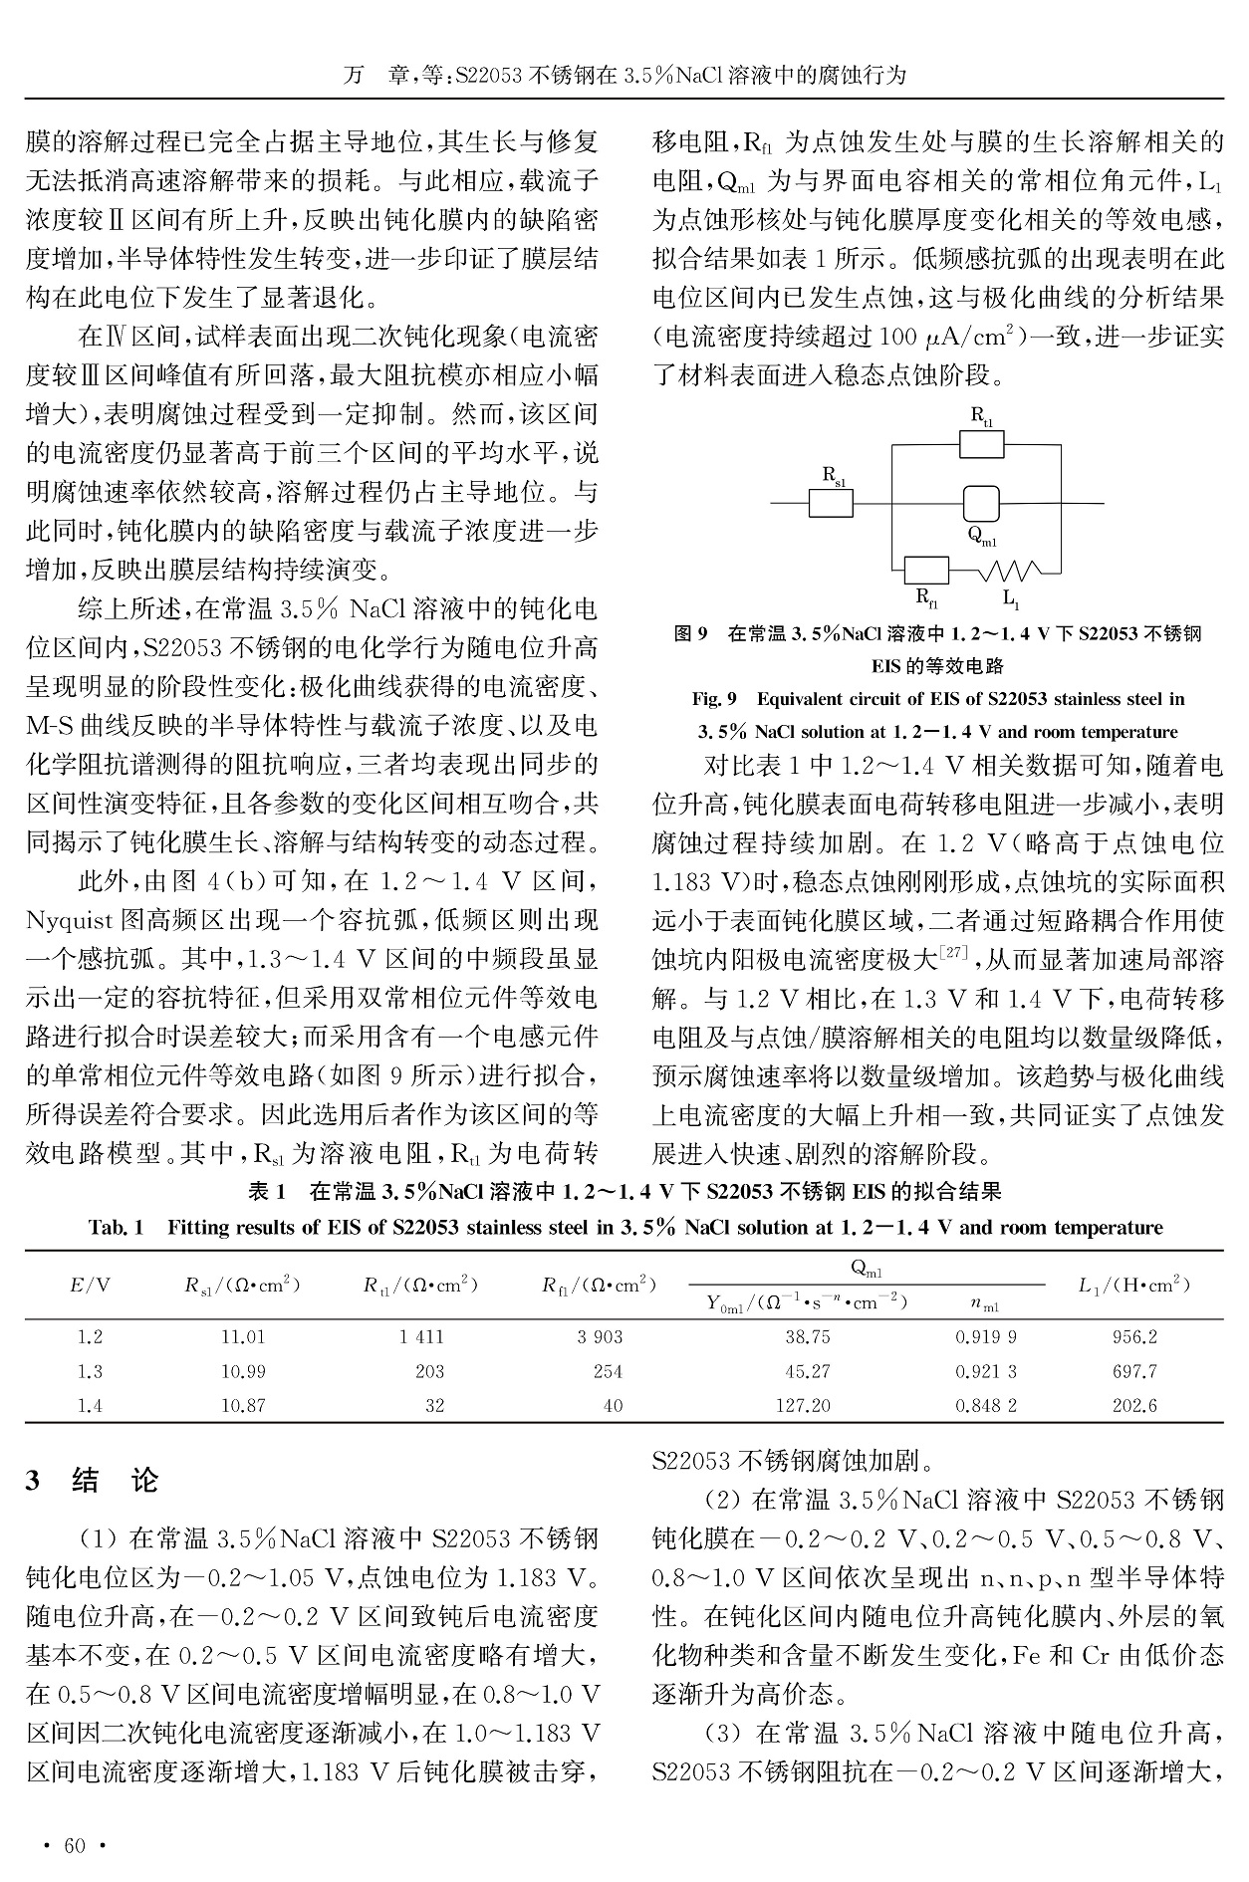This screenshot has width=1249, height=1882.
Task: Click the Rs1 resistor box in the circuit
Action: [x=830, y=503]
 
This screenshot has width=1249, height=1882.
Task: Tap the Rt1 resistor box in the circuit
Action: [x=981, y=444]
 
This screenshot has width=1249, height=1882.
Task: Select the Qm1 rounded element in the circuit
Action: [x=981, y=503]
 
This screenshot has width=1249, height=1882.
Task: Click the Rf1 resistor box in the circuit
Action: [x=926, y=571]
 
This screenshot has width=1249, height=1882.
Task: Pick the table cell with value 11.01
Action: [x=243, y=1337]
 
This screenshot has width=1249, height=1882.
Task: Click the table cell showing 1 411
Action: [x=420, y=1337]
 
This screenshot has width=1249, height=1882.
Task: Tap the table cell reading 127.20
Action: [x=807, y=1405]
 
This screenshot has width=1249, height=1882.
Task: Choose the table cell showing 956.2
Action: [x=1134, y=1337]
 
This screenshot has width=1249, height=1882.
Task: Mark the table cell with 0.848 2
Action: [x=986, y=1405]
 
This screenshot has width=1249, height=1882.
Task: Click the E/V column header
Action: [x=90, y=1285]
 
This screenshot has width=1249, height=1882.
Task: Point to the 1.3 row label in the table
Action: [x=90, y=1371]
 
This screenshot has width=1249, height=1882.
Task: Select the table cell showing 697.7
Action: [x=1134, y=1371]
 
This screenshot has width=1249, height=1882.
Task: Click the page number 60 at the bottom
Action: [x=75, y=1846]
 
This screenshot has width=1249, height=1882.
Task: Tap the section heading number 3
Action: [x=33, y=1481]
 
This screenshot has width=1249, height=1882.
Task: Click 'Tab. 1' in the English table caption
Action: [x=116, y=1227]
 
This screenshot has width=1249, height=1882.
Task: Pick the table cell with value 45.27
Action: [x=807, y=1371]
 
